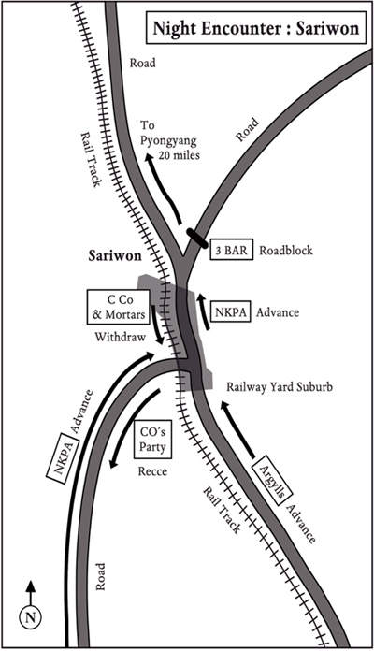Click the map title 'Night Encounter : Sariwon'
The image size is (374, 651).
point(255,28)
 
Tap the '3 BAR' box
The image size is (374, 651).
point(231,250)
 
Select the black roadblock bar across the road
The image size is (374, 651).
point(196,239)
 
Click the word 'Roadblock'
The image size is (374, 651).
point(286,251)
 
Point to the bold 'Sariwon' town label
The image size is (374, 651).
point(115,255)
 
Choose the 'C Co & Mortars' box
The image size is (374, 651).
point(118,307)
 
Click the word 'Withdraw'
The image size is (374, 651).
point(121,337)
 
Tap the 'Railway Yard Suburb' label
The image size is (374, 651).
point(280,387)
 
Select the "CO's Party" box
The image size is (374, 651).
point(152,440)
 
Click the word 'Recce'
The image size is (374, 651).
point(152,471)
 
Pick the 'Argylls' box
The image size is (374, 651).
point(272,475)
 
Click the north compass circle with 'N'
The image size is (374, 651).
point(30,617)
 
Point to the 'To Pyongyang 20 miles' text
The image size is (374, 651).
point(168,140)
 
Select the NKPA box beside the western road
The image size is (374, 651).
point(63,458)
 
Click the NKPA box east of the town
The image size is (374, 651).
point(231,312)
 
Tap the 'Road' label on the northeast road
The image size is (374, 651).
point(247,129)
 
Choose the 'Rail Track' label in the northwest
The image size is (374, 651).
point(91,159)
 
